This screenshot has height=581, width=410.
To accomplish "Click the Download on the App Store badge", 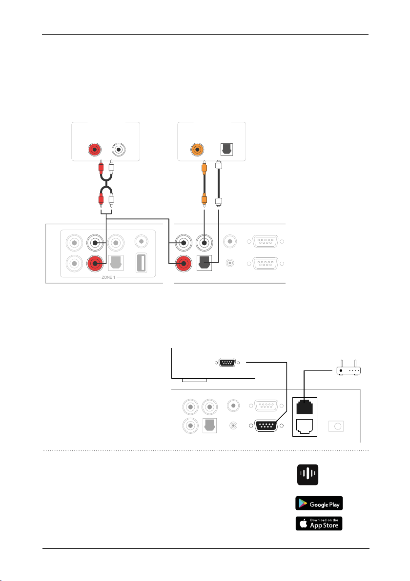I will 319,523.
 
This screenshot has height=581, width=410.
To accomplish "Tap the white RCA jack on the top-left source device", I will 119,150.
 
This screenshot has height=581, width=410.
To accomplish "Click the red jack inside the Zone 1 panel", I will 95,264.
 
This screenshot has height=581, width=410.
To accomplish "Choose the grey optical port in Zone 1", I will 119,264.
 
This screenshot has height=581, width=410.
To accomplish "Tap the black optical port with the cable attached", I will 205,264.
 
